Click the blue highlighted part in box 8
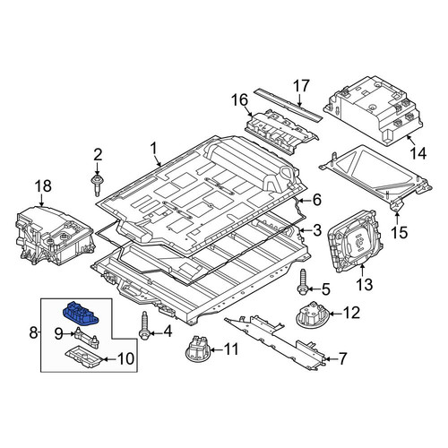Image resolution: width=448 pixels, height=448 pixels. coord(81,313)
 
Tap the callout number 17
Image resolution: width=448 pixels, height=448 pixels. coord(301,86)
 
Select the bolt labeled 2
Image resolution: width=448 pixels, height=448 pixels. coord(97,185)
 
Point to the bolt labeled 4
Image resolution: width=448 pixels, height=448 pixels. coord(145,326)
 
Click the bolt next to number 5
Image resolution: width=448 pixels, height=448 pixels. coord(303,280)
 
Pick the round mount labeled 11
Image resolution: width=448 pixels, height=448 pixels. coord(197,349)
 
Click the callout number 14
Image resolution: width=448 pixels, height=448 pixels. coord(418,153)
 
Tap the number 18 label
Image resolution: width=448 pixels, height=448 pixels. coord(44,186)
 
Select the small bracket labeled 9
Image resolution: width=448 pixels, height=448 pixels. coord(86,338)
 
